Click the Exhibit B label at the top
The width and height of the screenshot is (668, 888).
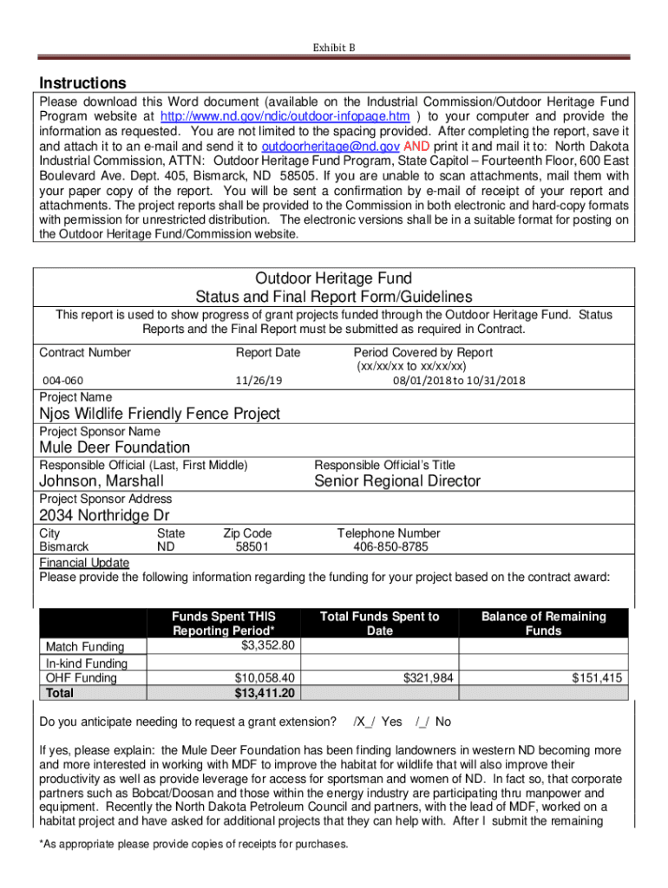(x=334, y=48)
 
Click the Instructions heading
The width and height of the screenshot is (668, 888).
(x=83, y=83)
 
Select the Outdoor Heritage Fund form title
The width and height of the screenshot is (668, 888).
(x=333, y=278)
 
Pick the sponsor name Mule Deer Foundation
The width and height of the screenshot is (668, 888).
(x=115, y=447)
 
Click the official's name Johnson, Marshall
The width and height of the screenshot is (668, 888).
(x=102, y=481)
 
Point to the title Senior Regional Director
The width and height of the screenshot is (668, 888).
(x=397, y=481)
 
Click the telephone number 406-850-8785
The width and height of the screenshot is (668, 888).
(x=390, y=547)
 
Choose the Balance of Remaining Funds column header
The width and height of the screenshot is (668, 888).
(x=543, y=624)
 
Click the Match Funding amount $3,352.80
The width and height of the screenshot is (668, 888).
(x=269, y=645)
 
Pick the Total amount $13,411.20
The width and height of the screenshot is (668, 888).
(x=265, y=693)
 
